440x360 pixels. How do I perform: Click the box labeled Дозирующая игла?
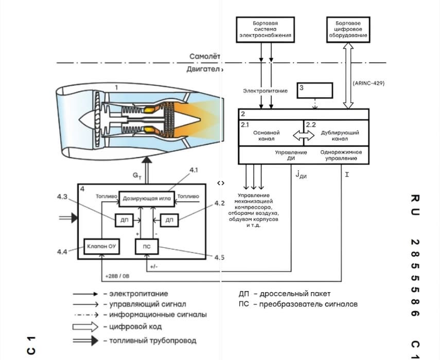(x=147, y=199)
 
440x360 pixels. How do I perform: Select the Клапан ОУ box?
(x=101, y=246)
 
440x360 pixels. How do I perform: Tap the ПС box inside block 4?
(x=147, y=246)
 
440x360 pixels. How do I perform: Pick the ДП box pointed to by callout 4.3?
(x=125, y=220)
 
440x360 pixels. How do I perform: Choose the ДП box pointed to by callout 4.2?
(x=169, y=220)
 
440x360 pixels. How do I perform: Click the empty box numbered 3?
(x=315, y=91)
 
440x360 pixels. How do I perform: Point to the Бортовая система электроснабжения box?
(x=265, y=29)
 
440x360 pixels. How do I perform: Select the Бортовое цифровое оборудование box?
(x=348, y=29)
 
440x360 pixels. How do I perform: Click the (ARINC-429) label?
(x=368, y=83)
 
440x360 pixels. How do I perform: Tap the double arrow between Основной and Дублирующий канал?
(x=304, y=136)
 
